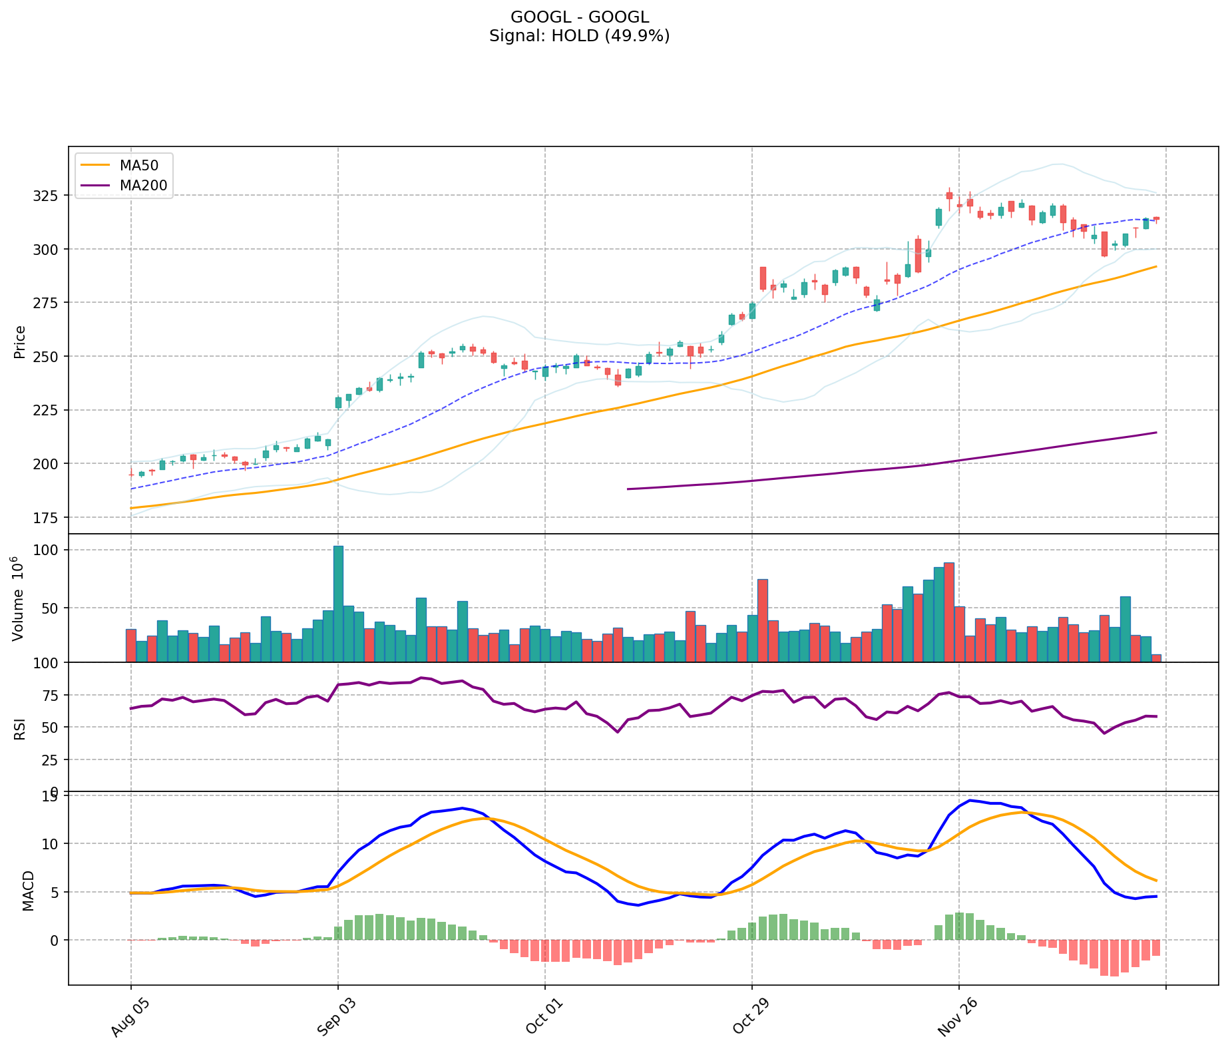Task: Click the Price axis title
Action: point(20,342)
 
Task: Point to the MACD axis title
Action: point(28,891)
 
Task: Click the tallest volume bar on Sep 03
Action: point(338,602)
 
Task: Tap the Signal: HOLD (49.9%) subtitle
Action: point(579,36)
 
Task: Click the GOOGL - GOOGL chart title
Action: point(579,17)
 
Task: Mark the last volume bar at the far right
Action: point(1156,658)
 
